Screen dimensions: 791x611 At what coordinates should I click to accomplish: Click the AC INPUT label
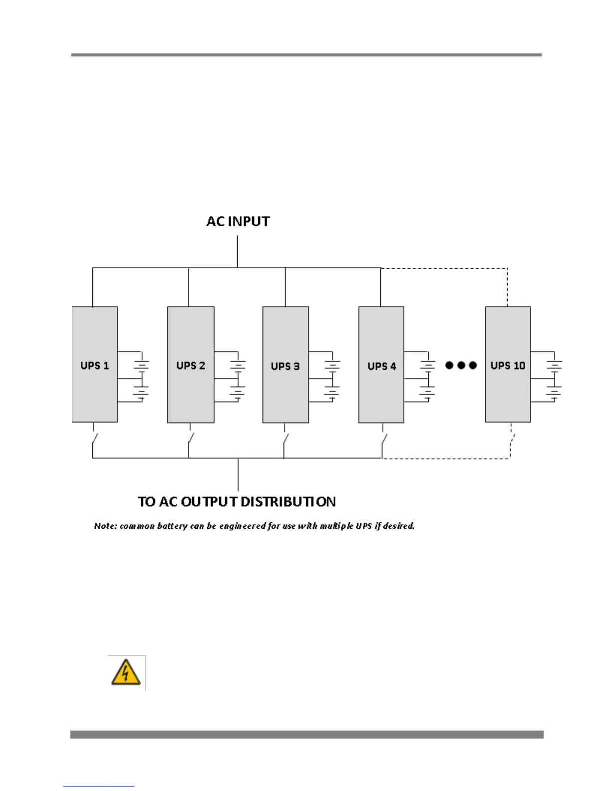[238, 221]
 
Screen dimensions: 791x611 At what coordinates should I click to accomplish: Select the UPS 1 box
[95, 365]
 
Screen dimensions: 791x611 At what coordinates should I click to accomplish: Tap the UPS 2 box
[191, 365]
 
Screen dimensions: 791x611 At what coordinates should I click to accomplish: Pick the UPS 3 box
[286, 365]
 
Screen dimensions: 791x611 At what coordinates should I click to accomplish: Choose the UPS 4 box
[381, 365]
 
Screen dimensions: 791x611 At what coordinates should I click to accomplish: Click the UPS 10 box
[508, 365]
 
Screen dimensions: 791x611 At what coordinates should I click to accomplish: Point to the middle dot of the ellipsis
[461, 365]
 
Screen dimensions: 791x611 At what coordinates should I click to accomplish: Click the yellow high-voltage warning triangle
[126, 672]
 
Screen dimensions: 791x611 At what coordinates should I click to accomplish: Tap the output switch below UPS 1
[94, 440]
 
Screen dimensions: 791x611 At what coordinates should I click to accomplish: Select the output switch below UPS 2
[190, 440]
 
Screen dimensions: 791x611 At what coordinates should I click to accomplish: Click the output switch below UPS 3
[285, 440]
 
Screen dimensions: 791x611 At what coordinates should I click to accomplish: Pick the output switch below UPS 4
[383, 440]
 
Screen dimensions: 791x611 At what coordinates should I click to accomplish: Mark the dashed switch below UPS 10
[512, 440]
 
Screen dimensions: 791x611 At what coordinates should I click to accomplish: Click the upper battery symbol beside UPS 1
[141, 365]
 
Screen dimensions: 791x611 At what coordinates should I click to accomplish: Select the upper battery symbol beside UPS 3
[332, 365]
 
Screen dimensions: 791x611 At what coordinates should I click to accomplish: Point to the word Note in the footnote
[105, 526]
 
